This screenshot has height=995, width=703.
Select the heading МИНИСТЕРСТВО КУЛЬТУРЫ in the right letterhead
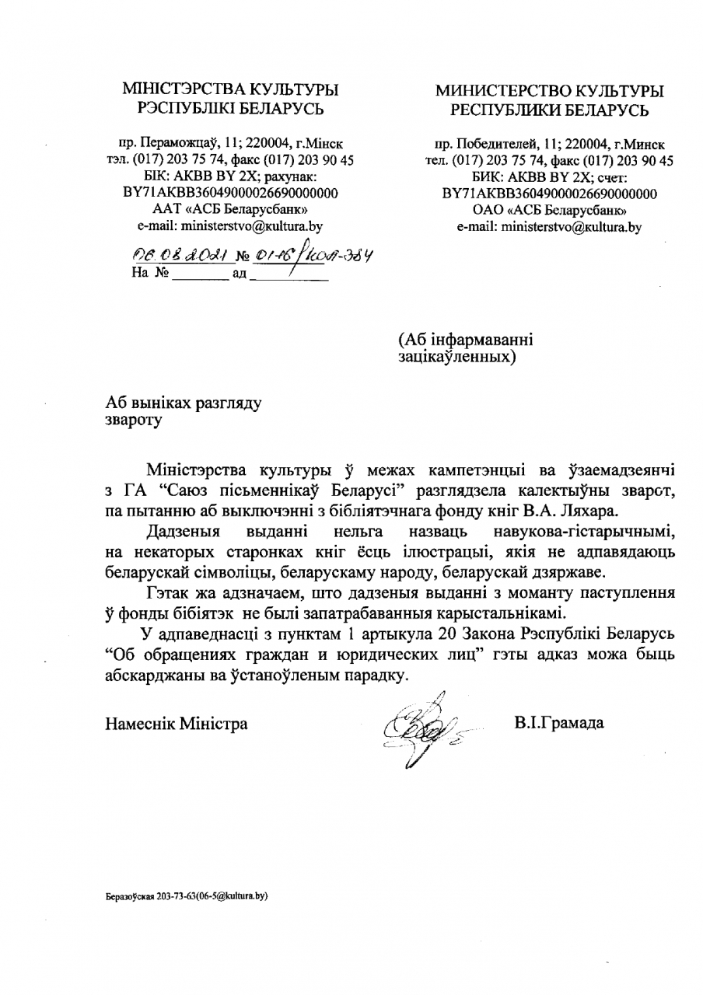549,92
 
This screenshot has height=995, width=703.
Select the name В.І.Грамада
558,723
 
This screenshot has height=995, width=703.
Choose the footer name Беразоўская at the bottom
131,896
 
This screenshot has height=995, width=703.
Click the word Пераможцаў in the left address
175,144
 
